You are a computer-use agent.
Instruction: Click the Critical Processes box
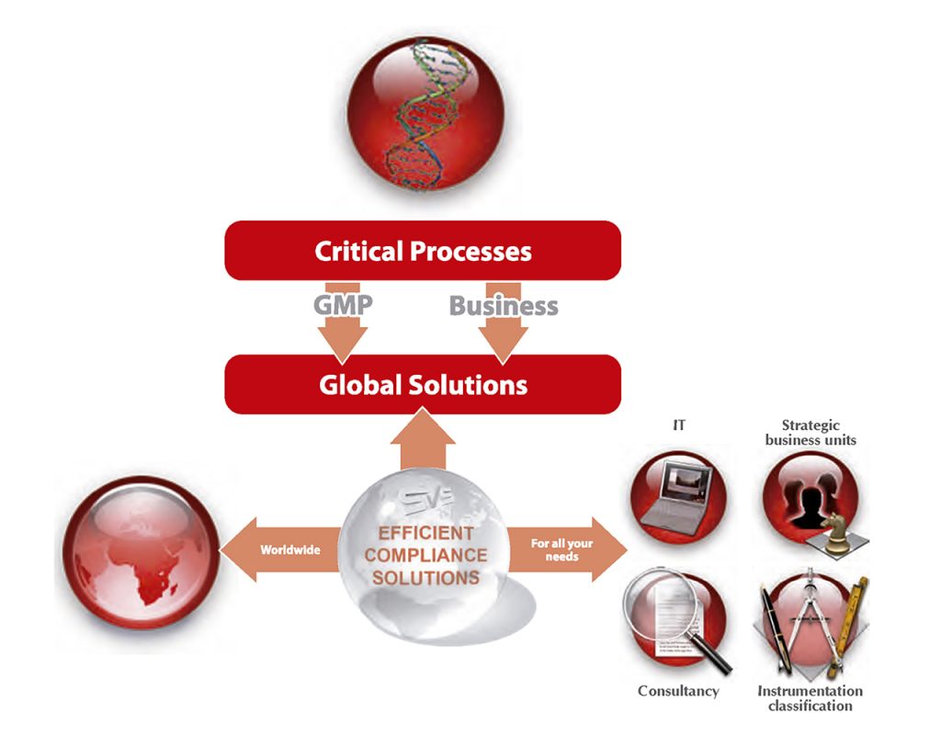(423, 251)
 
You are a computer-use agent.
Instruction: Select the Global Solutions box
(423, 384)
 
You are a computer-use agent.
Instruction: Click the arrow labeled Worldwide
(285, 549)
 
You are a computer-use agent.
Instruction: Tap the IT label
(679, 425)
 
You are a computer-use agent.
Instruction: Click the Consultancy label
(678, 691)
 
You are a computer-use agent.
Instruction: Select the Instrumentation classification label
(810, 698)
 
